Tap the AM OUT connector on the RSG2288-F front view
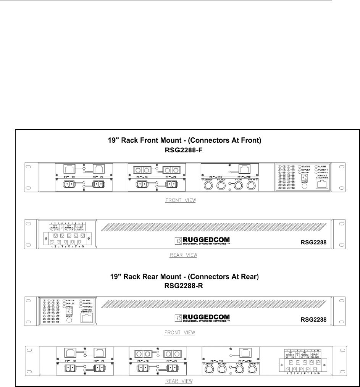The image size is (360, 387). [x=208, y=186]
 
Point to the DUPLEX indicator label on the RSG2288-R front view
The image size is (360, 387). [x=71, y=306]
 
